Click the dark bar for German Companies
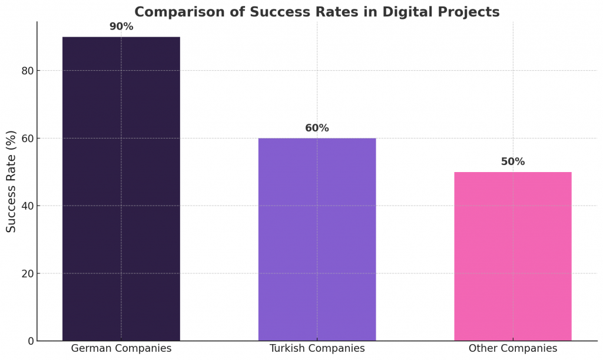[x=121, y=189]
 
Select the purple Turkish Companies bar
[x=317, y=239]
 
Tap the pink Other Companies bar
[x=512, y=256]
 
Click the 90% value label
[x=121, y=27]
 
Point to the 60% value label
[x=317, y=128]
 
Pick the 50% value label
[x=512, y=161]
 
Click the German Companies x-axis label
[x=121, y=348]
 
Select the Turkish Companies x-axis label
[x=317, y=348]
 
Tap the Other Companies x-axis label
[x=512, y=348]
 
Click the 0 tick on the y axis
[x=29, y=341]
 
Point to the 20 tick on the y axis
[x=26, y=273]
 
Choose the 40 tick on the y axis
[x=26, y=206]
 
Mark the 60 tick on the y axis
[x=26, y=138]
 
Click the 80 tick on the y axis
[x=26, y=71]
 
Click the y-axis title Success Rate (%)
[x=12, y=181]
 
